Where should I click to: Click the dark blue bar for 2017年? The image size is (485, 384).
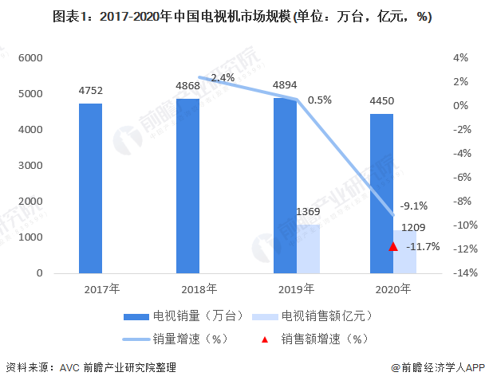90,188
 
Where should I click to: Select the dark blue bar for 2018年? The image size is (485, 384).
187,186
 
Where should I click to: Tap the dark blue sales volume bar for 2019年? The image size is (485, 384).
285,186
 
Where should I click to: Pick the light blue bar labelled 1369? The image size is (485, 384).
308,249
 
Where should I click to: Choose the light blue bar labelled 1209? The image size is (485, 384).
405,252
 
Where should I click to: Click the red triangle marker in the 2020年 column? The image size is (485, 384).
392,246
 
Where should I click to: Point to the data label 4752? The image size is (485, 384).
91,90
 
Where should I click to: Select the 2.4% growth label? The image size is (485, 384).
223,77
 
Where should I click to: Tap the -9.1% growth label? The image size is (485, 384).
413,203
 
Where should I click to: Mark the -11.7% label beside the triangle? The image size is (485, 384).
423,247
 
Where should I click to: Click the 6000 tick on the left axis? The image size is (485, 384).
30,58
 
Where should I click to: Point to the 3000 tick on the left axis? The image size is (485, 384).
30,166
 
